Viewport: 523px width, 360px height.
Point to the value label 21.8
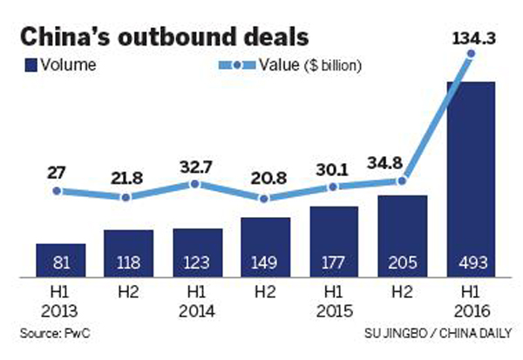[x=127, y=179]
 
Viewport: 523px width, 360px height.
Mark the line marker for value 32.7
[x=196, y=185]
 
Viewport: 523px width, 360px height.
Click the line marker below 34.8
[x=403, y=181]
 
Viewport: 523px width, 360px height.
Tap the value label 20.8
[x=264, y=180]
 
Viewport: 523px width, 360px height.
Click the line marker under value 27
[x=58, y=190]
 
